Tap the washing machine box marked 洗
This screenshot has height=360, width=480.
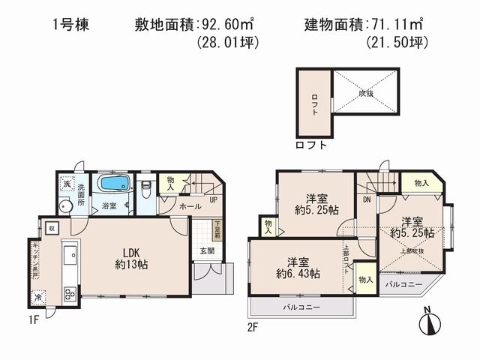pyautogui.click(x=67, y=185)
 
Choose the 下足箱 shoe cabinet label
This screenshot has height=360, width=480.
pyautogui.click(x=216, y=227)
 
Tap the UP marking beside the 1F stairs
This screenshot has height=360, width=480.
pyautogui.click(x=213, y=200)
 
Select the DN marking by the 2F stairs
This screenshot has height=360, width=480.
pyautogui.click(x=367, y=200)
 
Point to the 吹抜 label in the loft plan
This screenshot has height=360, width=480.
pyautogui.click(x=365, y=94)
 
